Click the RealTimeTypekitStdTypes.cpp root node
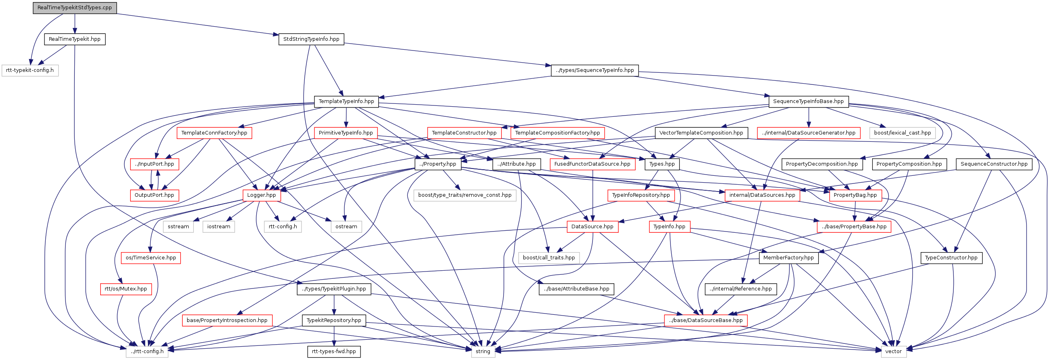click(75, 8)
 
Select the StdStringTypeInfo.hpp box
click(311, 39)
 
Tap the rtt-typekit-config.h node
click(30, 70)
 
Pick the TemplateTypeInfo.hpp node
click(346, 101)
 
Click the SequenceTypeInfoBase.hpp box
click(808, 101)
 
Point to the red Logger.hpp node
click(261, 195)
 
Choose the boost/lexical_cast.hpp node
click(902, 133)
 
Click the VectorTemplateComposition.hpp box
click(701, 133)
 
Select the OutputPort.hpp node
click(154, 195)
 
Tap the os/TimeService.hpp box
click(151, 258)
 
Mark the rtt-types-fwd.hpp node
click(334, 352)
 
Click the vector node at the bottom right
click(894, 352)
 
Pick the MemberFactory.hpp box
click(789, 258)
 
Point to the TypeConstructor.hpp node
click(951, 258)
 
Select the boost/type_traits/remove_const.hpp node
click(465, 195)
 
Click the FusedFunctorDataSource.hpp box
click(592, 164)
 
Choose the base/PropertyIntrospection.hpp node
click(227, 320)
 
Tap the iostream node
click(219, 227)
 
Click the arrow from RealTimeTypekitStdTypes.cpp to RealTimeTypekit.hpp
click(75, 24)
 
